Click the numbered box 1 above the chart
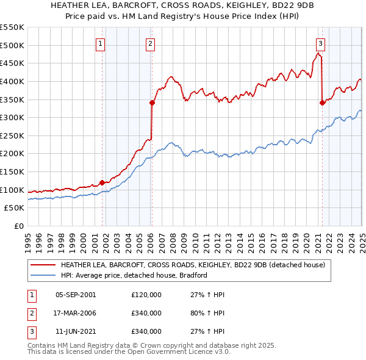[100, 43]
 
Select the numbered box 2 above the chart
[150, 43]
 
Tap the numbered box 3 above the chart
[320, 43]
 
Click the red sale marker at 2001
[102, 182]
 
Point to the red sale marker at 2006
[152, 103]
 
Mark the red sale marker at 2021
[322, 103]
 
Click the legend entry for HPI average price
[134, 275]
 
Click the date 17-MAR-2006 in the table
[76, 313]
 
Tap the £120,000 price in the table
[146, 295]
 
